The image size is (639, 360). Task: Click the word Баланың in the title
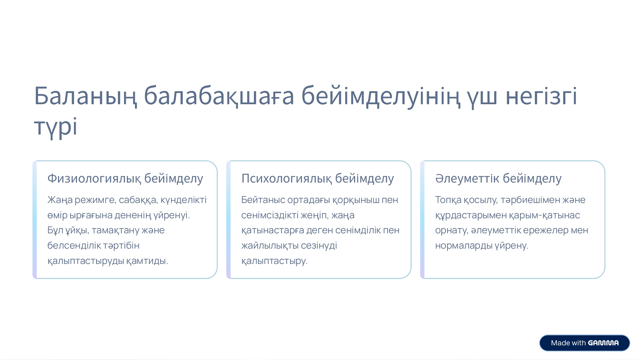pos(86,96)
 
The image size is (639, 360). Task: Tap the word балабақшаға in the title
pos(219,96)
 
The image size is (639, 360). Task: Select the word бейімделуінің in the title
pos(380,96)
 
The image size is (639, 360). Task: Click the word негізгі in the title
pos(542,96)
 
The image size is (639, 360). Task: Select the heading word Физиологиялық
pos(93,178)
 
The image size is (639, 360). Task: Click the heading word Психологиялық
pos(286,178)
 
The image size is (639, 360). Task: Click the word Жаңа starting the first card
pos(60,200)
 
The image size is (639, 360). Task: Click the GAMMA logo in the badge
pos(603,343)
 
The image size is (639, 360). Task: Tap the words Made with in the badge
pos(568,343)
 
